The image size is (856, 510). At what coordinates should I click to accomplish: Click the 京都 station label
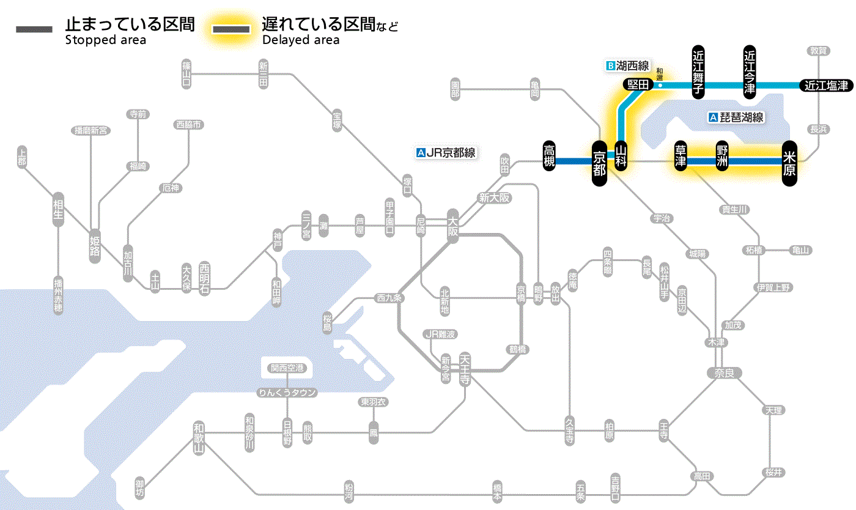tap(599, 162)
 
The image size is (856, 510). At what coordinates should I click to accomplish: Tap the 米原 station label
tap(789, 162)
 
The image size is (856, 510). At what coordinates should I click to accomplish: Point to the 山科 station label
tap(622, 156)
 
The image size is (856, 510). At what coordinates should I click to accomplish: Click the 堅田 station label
tap(638, 85)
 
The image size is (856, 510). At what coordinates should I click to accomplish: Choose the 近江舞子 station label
tap(698, 72)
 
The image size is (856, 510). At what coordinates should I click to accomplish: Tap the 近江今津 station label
tap(750, 72)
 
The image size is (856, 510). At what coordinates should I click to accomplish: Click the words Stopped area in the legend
tap(105, 40)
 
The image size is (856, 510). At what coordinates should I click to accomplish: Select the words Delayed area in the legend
tap(300, 40)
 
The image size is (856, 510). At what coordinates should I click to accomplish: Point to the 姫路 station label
tap(95, 246)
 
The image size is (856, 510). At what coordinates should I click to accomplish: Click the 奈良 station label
tap(724, 372)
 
